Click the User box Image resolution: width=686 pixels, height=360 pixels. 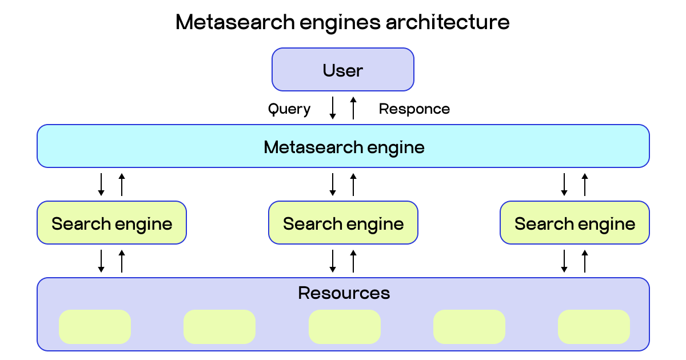pyautogui.click(x=342, y=70)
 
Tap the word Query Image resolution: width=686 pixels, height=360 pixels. pyautogui.click(x=289, y=109)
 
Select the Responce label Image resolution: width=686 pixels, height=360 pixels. pyautogui.click(x=414, y=109)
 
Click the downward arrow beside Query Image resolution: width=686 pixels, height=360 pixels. pyautogui.click(x=333, y=108)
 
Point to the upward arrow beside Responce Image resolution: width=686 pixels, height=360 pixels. pyautogui.click(x=353, y=108)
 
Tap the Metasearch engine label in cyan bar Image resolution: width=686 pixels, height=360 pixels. pyautogui.click(x=344, y=147)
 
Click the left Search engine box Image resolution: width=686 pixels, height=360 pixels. pyautogui.click(x=111, y=223)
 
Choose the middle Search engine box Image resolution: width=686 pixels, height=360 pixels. pyautogui.click(x=343, y=223)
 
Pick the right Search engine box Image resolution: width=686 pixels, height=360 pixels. pyautogui.click(x=575, y=223)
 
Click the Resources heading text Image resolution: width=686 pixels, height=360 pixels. pyautogui.click(x=344, y=293)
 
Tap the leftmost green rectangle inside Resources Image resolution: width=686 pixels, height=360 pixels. pyautogui.click(x=95, y=327)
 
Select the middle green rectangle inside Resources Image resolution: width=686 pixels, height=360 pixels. pyautogui.click(x=344, y=327)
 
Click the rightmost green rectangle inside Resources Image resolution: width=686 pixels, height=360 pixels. pyautogui.click(x=593, y=327)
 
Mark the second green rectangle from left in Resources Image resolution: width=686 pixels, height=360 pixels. pyautogui.click(x=220, y=327)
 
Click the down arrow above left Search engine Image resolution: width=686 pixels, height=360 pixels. pyautogui.click(x=101, y=184)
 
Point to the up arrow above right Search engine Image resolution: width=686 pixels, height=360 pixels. pyautogui.click(x=585, y=184)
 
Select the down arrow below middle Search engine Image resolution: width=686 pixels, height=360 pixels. pyautogui.click(x=333, y=261)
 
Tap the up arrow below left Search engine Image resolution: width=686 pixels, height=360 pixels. pyautogui.click(x=122, y=261)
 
